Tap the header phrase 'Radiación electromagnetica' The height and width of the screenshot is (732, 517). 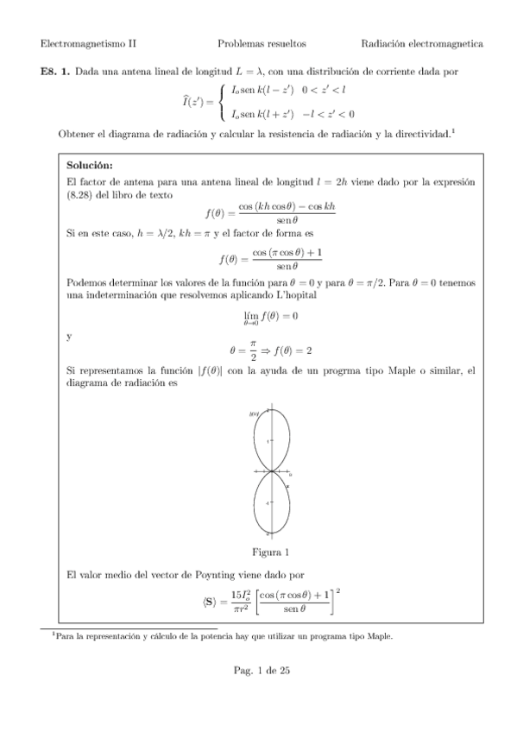[422, 43]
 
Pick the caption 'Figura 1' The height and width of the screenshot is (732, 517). [270, 552]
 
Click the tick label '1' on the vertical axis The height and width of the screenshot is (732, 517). [268, 441]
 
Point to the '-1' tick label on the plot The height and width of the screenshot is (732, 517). [268, 503]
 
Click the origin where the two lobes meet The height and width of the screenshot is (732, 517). [271, 471]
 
